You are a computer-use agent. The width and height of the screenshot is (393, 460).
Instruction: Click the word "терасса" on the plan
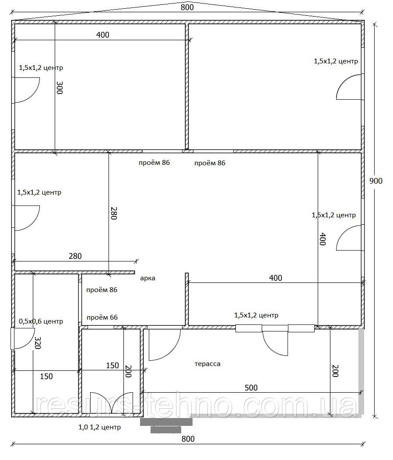207,364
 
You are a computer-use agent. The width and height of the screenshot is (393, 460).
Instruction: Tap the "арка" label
147,278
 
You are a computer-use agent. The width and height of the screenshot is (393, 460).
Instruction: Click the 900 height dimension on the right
375,181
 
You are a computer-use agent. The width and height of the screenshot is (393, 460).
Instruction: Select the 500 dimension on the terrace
251,387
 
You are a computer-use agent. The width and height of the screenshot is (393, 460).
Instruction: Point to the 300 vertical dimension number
60,87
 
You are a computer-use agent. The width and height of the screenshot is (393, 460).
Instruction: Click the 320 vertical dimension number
38,343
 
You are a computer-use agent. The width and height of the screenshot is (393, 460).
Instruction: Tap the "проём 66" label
102,317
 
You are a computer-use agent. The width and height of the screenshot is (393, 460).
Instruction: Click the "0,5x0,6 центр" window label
41,321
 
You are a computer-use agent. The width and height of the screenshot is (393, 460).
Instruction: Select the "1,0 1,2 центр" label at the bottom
100,427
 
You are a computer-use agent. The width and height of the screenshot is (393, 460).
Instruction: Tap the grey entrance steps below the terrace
166,425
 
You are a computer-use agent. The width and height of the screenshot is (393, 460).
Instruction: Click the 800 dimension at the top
187,7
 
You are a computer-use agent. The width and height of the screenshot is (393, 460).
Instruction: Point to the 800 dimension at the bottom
188,439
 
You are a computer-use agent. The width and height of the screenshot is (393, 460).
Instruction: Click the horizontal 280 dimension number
75,256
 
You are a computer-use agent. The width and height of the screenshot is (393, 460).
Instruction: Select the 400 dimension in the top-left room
103,35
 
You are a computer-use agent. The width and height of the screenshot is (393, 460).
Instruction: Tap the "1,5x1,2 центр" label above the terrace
256,315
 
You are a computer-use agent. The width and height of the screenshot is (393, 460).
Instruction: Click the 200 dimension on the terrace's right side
335,371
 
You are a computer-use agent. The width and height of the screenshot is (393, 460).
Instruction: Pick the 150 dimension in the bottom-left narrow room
46,376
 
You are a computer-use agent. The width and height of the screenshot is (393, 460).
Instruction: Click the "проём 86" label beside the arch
102,289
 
